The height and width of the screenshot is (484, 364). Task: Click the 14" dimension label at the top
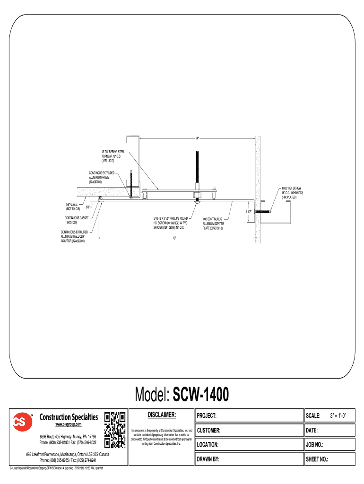pyautogui.click(x=197, y=138)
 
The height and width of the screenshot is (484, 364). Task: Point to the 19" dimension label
pyautogui.click(x=174, y=238)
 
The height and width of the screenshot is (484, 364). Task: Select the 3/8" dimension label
pyautogui.click(x=88, y=207)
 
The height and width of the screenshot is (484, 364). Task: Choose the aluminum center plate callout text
pyautogui.click(x=216, y=224)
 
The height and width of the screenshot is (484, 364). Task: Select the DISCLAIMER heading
pyautogui.click(x=162, y=415)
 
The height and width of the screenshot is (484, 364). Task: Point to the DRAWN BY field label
pyautogui.click(x=208, y=459)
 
